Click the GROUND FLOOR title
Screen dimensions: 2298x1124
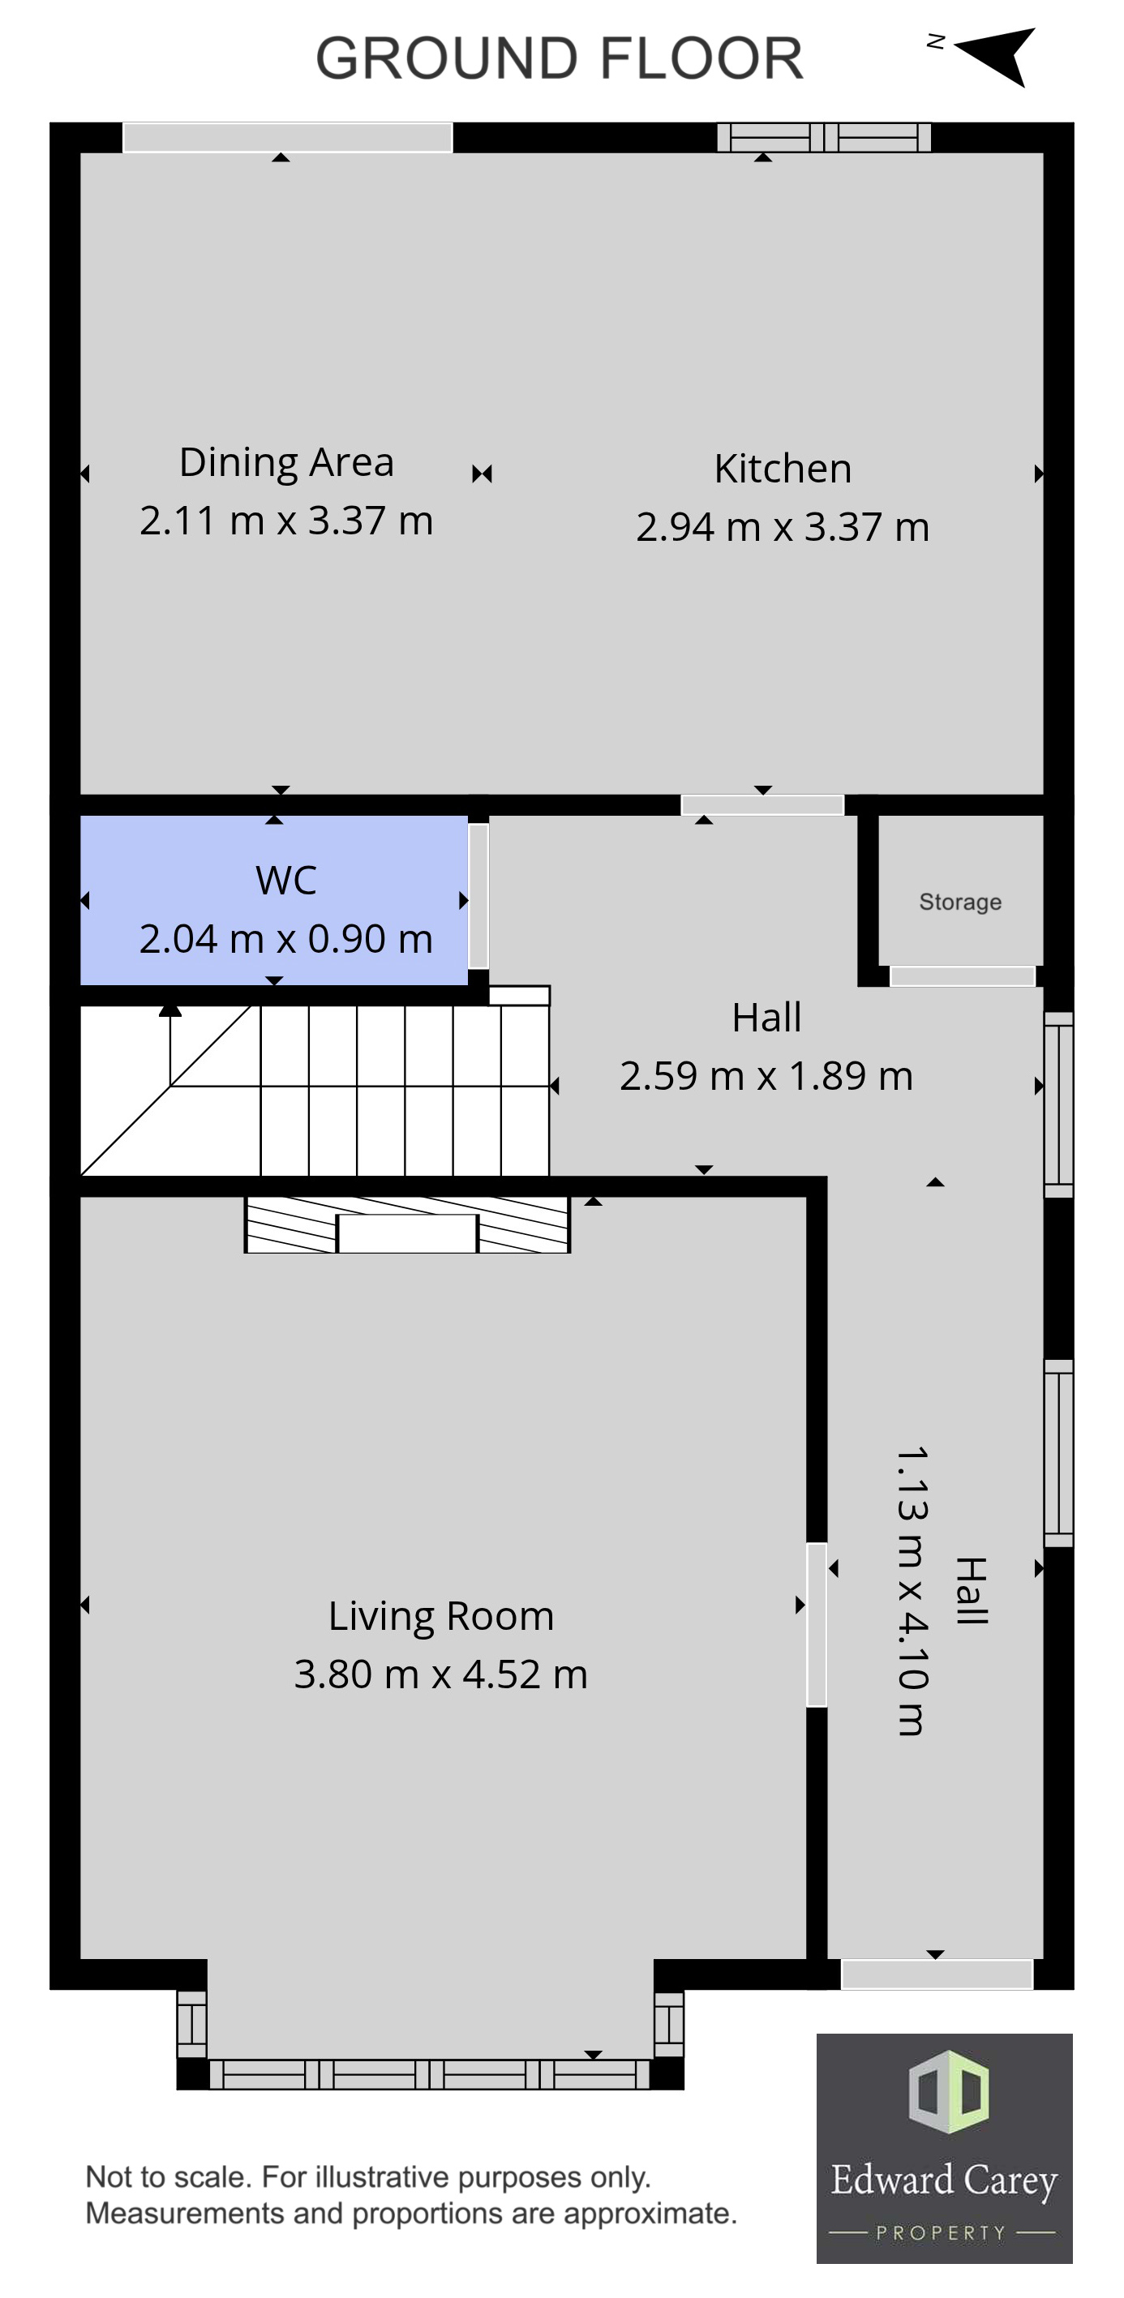click(x=560, y=59)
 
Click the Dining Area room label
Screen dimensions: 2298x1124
click(x=286, y=462)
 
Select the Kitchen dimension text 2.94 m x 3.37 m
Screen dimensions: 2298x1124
click(x=783, y=527)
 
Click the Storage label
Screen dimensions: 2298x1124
click(x=960, y=902)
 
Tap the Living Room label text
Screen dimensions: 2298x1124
click(x=440, y=1615)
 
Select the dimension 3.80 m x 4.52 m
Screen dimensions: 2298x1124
click(x=440, y=1674)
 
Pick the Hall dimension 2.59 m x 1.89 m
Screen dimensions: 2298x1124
click(x=766, y=1076)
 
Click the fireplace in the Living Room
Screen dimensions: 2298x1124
click(x=408, y=1226)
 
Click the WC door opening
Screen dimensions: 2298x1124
click(x=478, y=896)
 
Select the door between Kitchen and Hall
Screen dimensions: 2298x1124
click(x=761, y=805)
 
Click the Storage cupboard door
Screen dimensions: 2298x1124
click(x=963, y=976)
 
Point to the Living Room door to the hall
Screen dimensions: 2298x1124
click(x=816, y=1624)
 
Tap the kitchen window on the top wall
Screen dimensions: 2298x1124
click(x=824, y=137)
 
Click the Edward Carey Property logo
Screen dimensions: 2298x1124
click(x=944, y=2148)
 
